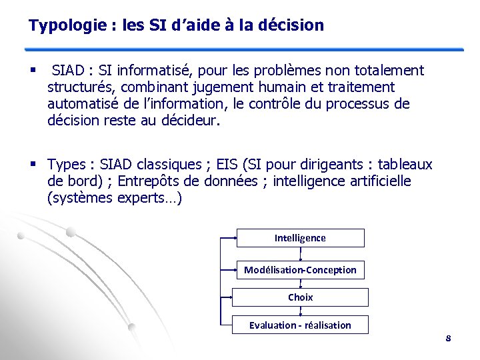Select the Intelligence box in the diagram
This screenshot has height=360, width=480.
[300, 238]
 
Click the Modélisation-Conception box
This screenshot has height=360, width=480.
[300, 270]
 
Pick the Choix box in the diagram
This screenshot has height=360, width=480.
[300, 297]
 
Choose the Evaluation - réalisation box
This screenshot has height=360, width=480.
[300, 325]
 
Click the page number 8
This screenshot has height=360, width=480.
[448, 339]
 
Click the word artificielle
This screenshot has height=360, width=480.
[376, 181]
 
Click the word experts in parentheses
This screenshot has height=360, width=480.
[142, 198]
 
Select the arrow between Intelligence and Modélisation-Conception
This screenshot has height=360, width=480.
[301, 254]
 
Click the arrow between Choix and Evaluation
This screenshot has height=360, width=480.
[301, 311]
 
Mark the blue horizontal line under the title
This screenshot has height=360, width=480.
[243, 49]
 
